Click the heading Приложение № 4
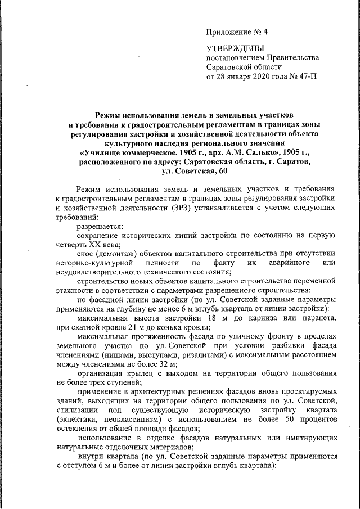coord(237,31)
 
